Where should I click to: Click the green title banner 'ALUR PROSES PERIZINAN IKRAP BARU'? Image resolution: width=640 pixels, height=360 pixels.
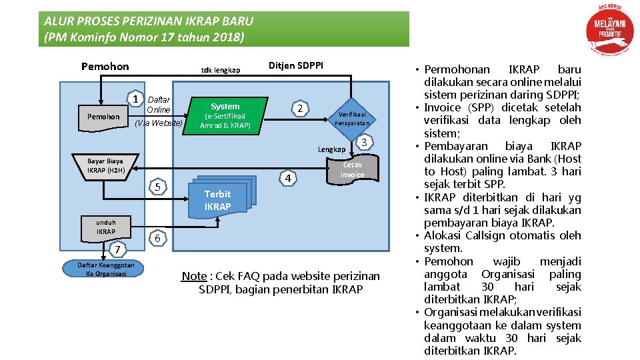pos(223,29)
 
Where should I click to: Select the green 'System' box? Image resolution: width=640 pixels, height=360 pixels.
pos(225,115)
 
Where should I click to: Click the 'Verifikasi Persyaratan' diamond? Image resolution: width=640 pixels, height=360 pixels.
pos(351,118)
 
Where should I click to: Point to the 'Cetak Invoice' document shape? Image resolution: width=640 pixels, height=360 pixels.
pos(352,171)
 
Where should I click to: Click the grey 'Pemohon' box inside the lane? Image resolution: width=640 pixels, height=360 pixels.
pos(103,117)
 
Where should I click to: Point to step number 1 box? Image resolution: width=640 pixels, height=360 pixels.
pos(136,99)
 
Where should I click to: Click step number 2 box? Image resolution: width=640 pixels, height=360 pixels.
pos(301,109)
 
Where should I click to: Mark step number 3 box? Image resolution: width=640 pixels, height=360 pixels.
pos(363,141)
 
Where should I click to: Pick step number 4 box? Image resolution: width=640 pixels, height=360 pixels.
pos(287,179)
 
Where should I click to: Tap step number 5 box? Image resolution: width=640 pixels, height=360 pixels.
pos(157,187)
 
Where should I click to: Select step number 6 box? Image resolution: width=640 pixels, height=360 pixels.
pos(157,239)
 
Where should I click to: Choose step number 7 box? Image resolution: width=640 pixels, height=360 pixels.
pos(117,250)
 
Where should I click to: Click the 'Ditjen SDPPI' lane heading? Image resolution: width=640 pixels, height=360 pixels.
pos(295,65)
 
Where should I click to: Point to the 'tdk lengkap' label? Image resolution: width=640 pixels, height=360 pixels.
pos(221,70)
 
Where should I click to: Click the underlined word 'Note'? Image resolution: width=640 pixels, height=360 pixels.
pos(194,276)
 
